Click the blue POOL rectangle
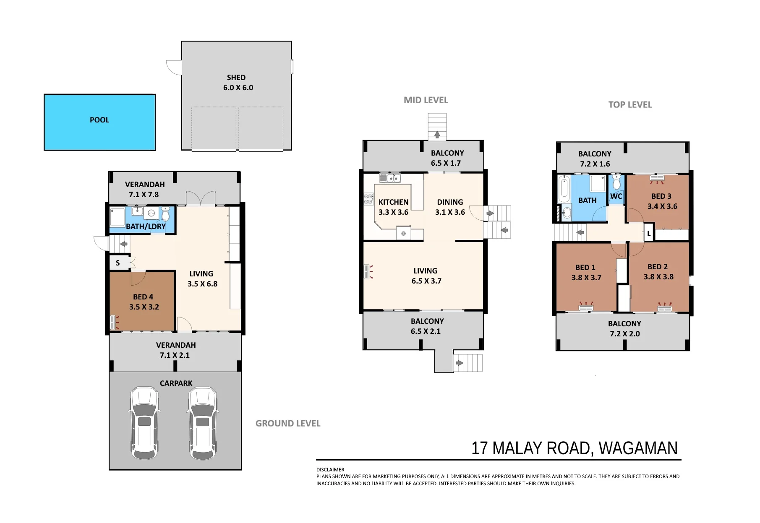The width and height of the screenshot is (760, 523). tap(100, 122)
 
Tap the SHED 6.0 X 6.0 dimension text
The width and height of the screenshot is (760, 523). tap(238, 88)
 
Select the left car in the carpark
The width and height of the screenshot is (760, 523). tap(144, 423)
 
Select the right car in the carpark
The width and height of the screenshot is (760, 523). tap(203, 423)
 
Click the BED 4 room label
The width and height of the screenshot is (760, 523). tap(143, 297)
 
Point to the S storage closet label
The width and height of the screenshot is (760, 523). tap(118, 263)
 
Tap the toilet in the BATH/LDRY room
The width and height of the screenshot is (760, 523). tap(165, 214)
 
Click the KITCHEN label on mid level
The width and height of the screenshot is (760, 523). tap(393, 202)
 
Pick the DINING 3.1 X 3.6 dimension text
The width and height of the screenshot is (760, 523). tap(450, 212)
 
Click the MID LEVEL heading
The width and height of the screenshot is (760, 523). tap(426, 100)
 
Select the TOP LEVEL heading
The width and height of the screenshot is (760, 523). tap(630, 105)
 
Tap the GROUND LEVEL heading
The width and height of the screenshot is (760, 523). tap(288, 424)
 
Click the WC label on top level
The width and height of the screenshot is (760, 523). tap(616, 196)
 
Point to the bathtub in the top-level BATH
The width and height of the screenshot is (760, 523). tap(564, 189)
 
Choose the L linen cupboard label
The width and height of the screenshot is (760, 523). tap(649, 234)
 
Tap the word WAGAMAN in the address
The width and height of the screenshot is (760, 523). tap(638, 448)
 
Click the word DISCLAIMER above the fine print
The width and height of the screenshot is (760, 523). tap(330, 470)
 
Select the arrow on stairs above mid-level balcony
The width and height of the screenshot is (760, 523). tap(437, 135)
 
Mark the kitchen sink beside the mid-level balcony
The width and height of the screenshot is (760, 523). tap(390, 178)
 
